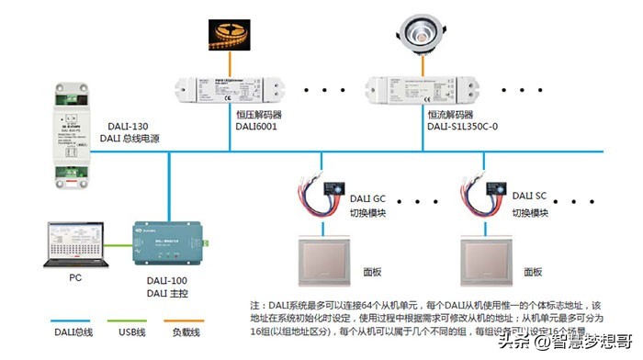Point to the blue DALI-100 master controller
[168, 244]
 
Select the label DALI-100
[165, 279]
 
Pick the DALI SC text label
[529, 196]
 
